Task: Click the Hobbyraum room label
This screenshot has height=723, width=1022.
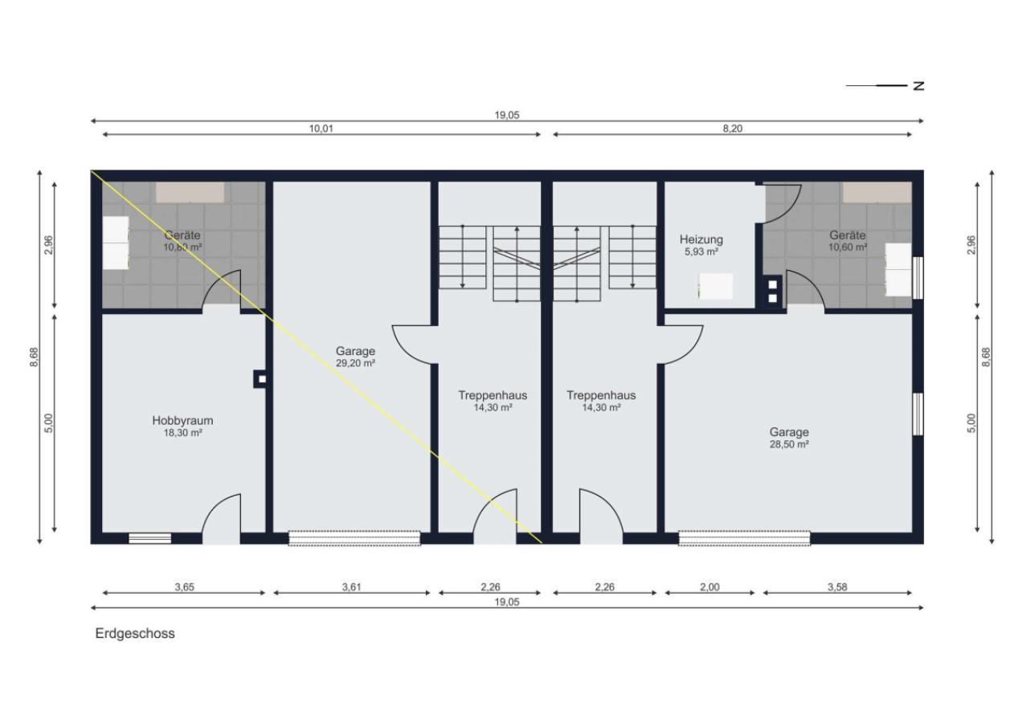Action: tap(182, 421)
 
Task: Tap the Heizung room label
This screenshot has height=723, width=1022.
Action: tap(701, 239)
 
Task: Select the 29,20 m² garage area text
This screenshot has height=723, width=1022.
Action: tap(355, 363)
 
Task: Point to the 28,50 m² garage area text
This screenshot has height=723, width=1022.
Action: tap(789, 444)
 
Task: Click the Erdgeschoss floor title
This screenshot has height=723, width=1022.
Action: tap(135, 634)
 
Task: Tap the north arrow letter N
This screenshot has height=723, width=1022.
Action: tap(918, 86)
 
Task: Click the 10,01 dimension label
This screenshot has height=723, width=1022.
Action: tap(321, 129)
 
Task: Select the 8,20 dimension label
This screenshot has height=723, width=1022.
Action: tap(732, 129)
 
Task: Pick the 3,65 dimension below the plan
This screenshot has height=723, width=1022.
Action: tap(184, 587)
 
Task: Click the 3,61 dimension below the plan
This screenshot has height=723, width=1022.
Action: tap(351, 587)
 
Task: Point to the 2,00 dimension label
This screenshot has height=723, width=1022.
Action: tap(709, 587)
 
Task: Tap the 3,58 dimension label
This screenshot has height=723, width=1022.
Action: tap(837, 587)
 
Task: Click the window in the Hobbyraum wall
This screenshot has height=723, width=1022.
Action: tap(149, 538)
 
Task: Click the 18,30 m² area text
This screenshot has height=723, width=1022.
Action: tap(182, 433)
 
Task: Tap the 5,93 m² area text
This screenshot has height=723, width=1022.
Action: tap(701, 251)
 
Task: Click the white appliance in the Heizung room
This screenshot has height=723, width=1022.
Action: tap(716, 286)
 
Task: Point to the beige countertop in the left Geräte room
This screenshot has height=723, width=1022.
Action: tap(190, 193)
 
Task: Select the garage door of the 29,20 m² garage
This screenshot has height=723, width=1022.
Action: tap(354, 538)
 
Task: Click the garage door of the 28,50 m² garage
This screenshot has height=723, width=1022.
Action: tap(744, 538)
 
